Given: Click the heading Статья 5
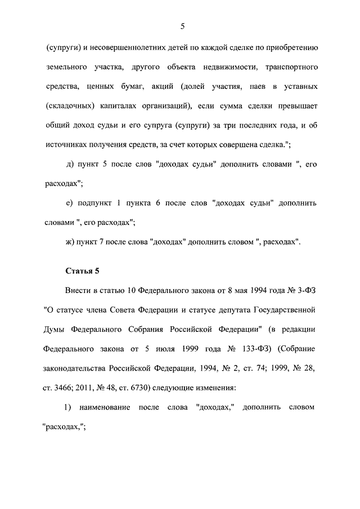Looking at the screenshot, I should coord(82,271).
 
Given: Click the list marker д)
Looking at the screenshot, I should coord(70,164).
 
